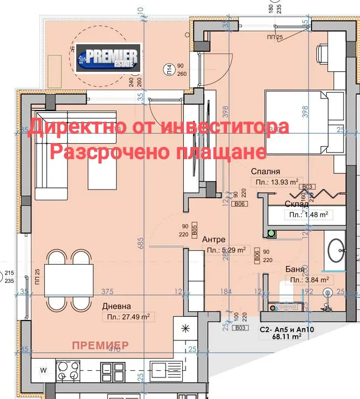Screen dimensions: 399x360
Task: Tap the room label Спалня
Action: (265, 171)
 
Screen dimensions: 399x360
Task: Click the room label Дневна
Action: (116, 306)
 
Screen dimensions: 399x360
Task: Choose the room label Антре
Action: (213, 239)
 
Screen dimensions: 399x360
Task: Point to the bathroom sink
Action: (336, 253)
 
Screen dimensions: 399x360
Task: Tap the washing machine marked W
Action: (43, 369)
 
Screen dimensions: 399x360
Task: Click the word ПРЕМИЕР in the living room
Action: (100, 345)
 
